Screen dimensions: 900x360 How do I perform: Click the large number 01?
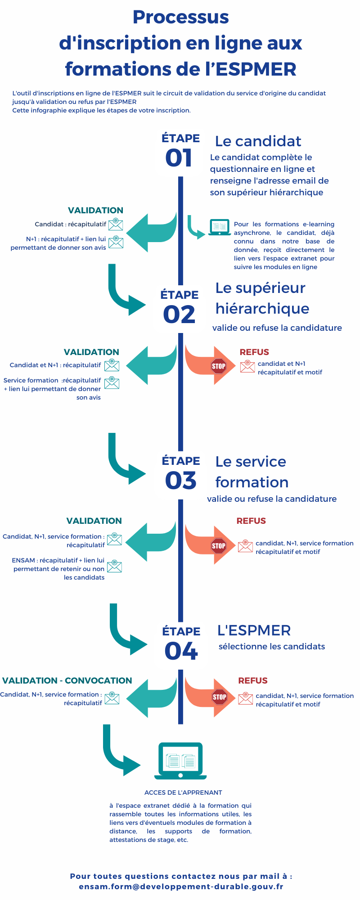(x=179, y=158)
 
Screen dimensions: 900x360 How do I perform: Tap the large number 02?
(x=179, y=315)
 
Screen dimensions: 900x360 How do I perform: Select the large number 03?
(x=181, y=481)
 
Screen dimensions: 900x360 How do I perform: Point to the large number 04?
(x=181, y=651)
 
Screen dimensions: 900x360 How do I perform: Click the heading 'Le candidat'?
(x=258, y=141)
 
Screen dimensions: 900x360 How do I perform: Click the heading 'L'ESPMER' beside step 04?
(x=254, y=630)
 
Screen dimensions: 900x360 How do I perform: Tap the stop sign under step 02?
(x=219, y=366)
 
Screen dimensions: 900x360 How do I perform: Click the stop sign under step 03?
(x=219, y=546)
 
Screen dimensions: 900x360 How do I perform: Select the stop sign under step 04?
(x=220, y=697)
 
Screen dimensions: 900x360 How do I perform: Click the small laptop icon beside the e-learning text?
(x=220, y=227)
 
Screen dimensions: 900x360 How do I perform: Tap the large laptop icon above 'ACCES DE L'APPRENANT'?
(x=180, y=761)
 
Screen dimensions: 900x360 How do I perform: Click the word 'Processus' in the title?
(x=180, y=17)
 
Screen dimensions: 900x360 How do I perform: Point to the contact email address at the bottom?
(x=181, y=887)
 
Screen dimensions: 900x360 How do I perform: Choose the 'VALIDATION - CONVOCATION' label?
(x=67, y=680)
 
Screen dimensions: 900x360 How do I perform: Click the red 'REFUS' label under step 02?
(x=254, y=352)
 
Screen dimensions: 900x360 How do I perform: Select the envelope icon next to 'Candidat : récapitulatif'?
(x=116, y=224)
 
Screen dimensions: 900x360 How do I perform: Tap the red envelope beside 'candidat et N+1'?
(x=247, y=366)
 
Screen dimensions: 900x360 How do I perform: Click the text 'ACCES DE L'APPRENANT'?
(x=183, y=792)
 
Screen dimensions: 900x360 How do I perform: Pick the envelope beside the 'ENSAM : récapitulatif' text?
(x=114, y=566)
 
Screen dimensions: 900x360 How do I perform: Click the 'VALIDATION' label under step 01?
(x=95, y=210)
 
